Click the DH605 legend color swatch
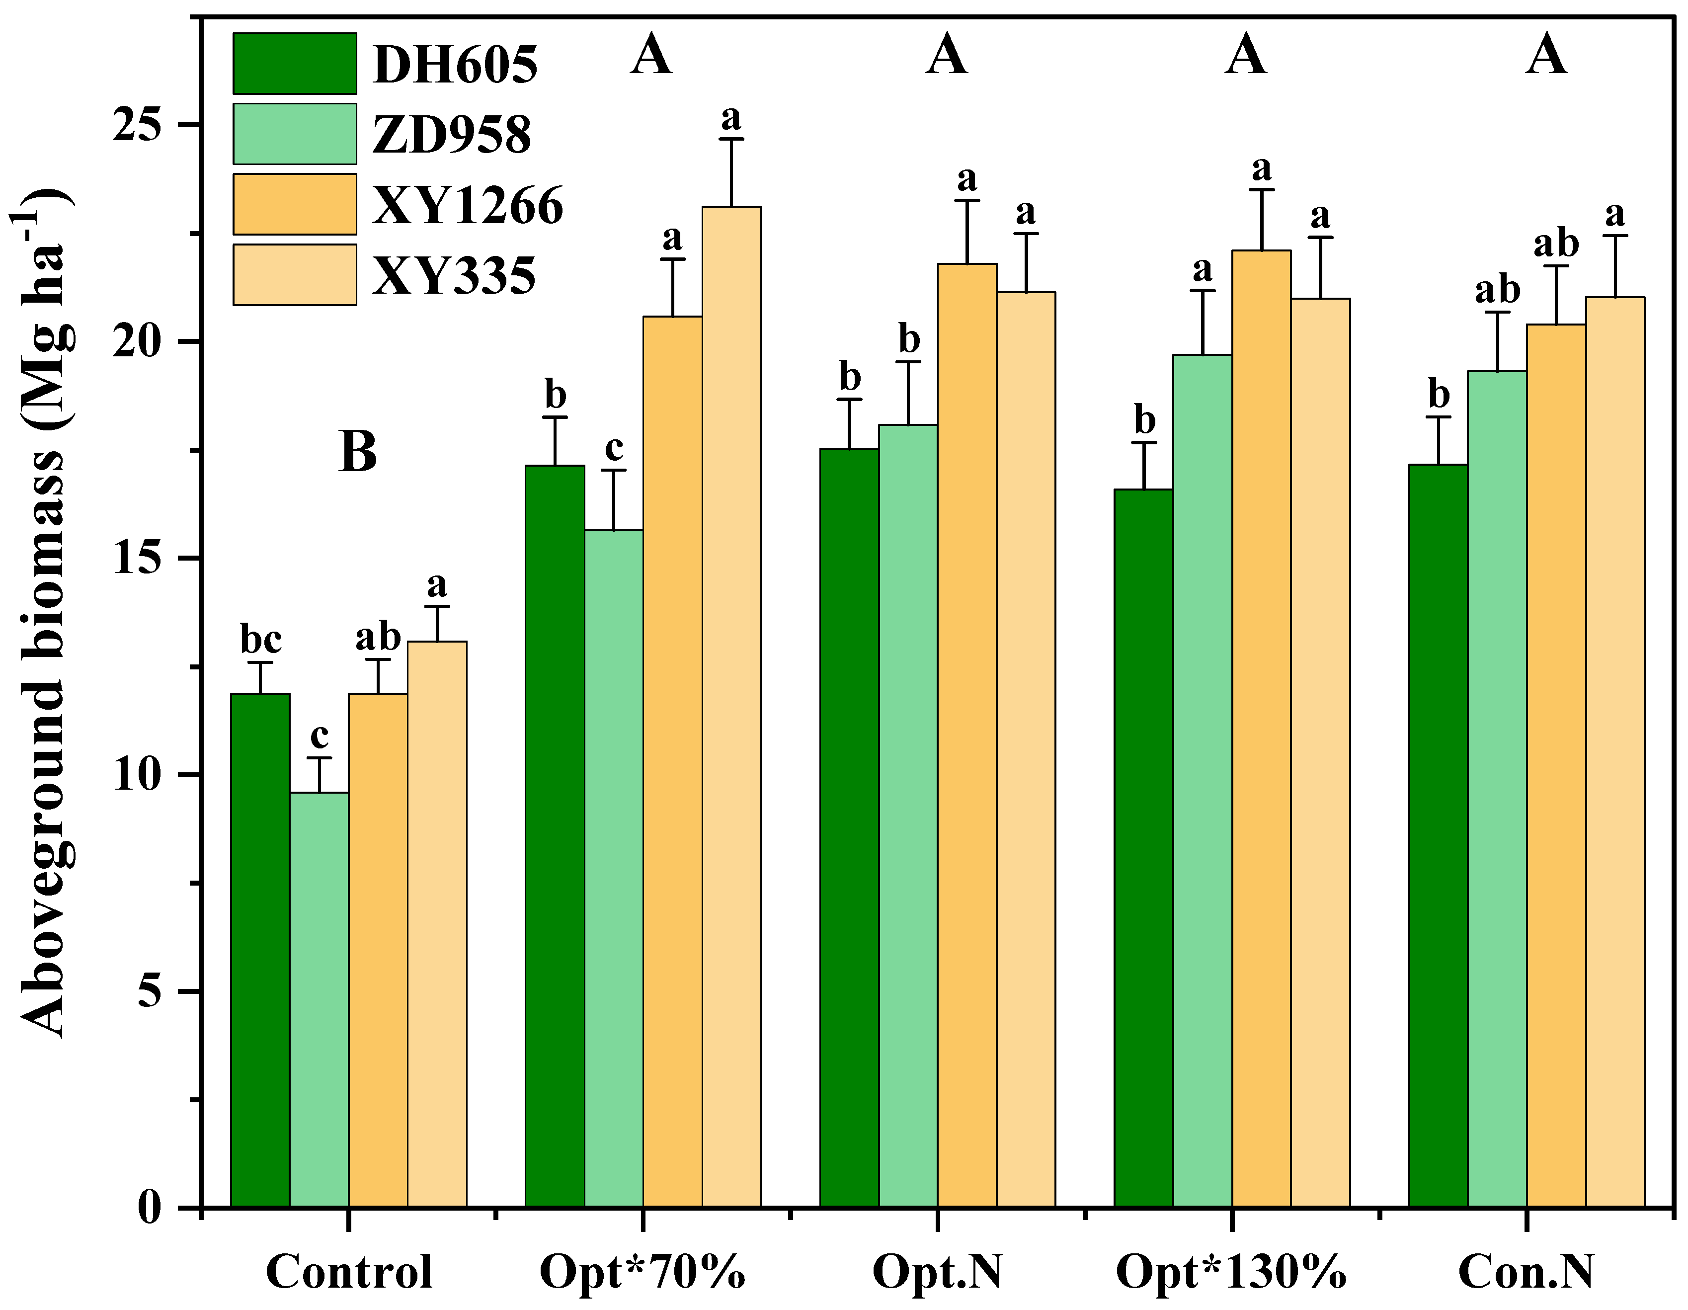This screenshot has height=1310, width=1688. pyautogui.click(x=295, y=64)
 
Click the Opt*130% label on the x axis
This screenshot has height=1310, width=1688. pyautogui.click(x=1231, y=1271)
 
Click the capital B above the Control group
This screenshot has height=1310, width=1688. pyautogui.click(x=358, y=452)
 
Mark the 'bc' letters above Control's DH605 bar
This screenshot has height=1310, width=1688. pyautogui.click(x=260, y=640)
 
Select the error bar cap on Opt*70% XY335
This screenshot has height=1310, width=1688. pyautogui.click(x=731, y=139)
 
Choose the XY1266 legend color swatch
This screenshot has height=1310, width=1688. pyautogui.click(x=295, y=204)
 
